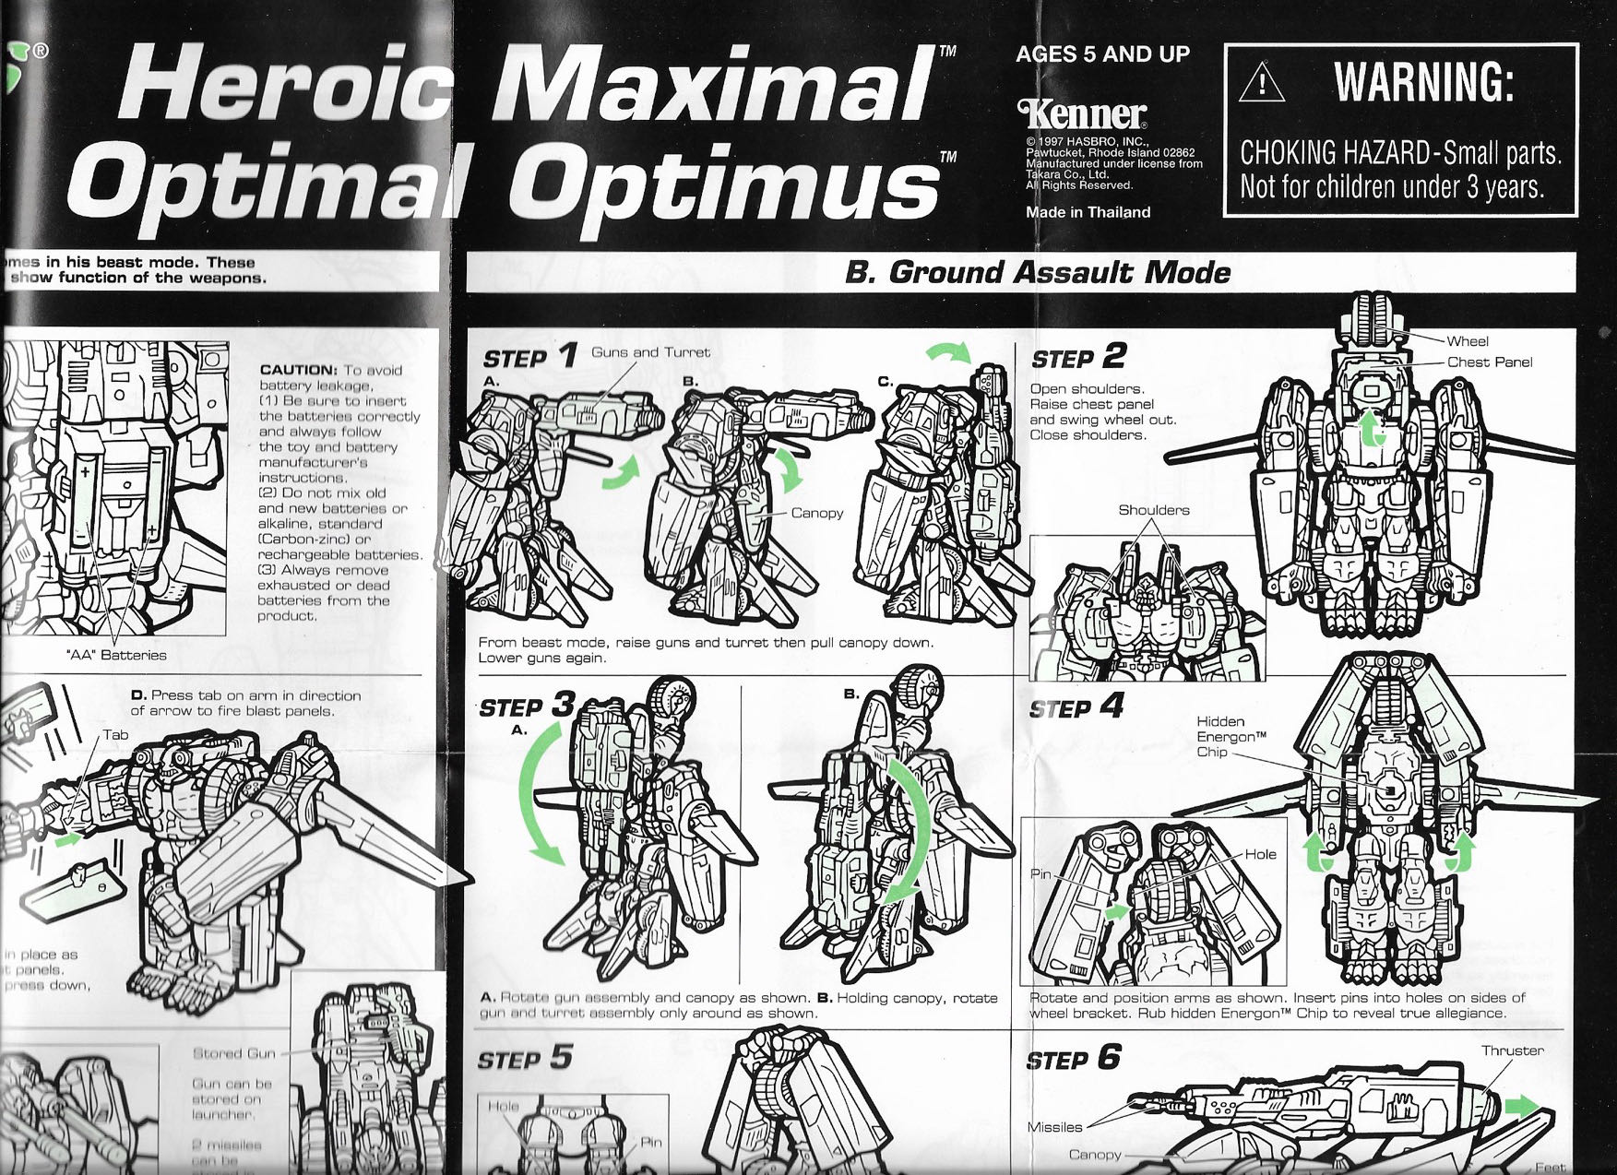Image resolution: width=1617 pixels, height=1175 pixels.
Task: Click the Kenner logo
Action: click(1082, 114)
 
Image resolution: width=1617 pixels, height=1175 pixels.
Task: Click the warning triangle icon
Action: click(1261, 83)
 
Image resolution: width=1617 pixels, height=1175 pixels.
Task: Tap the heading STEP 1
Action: click(529, 357)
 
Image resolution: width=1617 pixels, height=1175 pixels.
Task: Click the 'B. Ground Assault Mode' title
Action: click(1037, 272)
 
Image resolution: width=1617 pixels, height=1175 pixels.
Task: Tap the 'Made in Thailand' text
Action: click(1088, 212)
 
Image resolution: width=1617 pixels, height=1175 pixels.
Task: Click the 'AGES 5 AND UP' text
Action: click(1102, 54)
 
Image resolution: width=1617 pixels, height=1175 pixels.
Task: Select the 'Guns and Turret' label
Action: click(650, 352)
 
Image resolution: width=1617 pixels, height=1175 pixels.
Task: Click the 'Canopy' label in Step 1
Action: click(816, 513)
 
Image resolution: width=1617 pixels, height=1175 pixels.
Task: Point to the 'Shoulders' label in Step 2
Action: click(1153, 510)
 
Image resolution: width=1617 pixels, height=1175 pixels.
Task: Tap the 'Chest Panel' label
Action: click(1489, 362)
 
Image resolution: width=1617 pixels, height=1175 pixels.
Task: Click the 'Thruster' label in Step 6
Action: click(1512, 1050)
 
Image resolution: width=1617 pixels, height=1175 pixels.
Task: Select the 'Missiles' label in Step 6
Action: click(1054, 1127)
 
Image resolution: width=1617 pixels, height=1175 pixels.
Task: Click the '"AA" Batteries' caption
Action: click(116, 655)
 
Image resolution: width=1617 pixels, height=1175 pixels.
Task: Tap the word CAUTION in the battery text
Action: click(298, 370)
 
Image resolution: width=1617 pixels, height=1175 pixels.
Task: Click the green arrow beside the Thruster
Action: click(1522, 1106)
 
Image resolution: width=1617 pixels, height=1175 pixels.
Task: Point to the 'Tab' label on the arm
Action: click(115, 735)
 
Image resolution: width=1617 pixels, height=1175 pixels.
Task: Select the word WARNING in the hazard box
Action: click(1423, 83)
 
